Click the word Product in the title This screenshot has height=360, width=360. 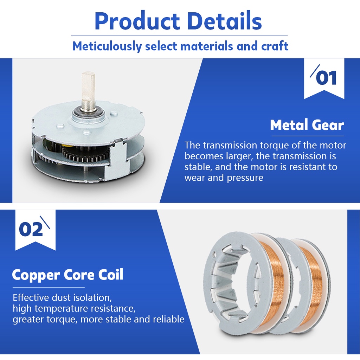click(x=137, y=21)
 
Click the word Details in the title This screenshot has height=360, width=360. click(x=224, y=21)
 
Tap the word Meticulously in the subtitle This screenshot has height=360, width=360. click(x=107, y=46)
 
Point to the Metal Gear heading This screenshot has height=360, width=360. click(x=307, y=125)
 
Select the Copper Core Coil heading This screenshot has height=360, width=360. click(x=67, y=275)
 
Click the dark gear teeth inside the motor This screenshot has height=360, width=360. click(x=83, y=154)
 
